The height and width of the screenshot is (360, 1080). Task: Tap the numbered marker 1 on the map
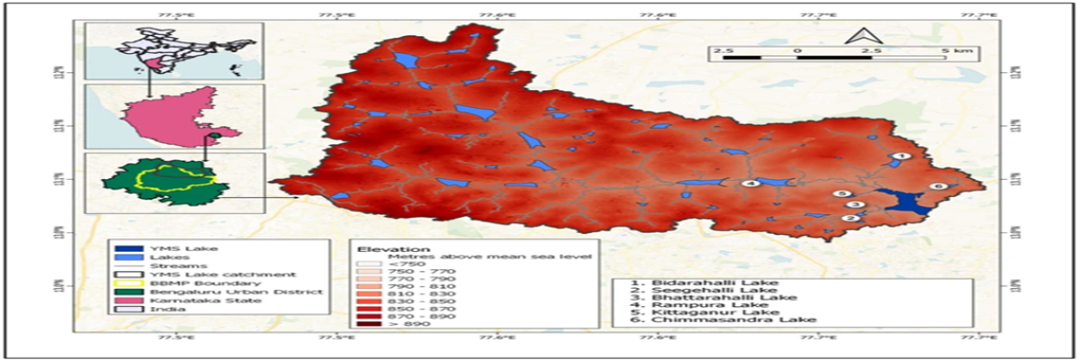point(896,157)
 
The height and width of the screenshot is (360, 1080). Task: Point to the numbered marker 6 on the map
point(937,186)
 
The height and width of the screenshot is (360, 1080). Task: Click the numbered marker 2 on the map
point(849,218)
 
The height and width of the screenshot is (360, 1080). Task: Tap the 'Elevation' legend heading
point(383,247)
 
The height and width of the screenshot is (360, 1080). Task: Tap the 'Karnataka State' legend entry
point(181,300)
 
